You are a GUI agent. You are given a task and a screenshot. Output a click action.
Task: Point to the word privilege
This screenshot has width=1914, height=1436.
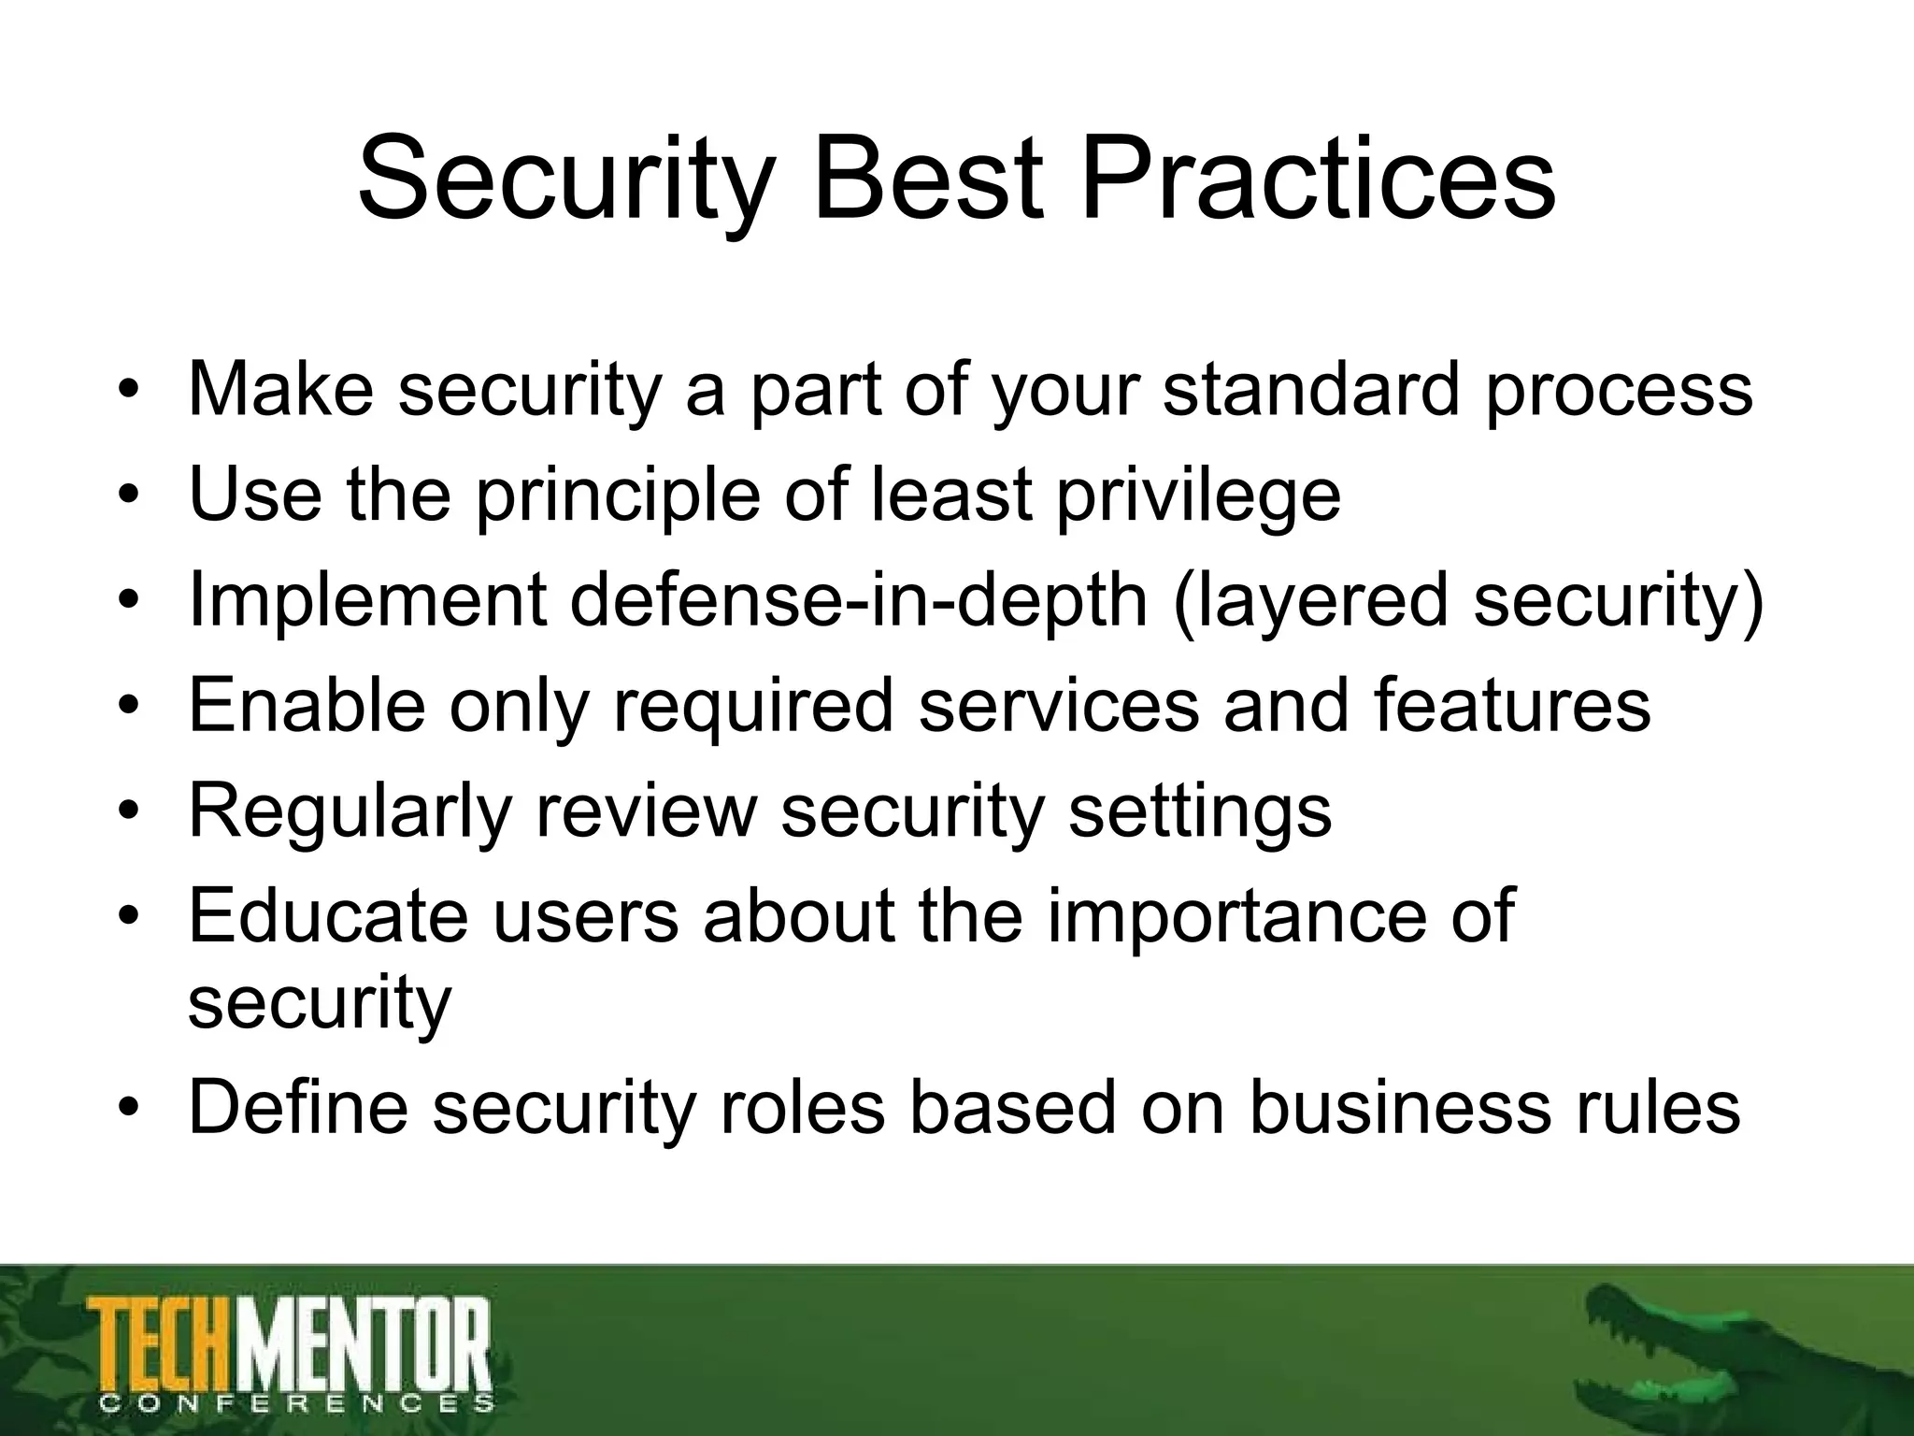pos(1199,495)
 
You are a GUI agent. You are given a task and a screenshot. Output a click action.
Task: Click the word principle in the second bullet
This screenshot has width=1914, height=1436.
pos(618,495)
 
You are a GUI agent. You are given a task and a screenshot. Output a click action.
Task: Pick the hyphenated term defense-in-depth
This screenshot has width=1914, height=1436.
pos(857,600)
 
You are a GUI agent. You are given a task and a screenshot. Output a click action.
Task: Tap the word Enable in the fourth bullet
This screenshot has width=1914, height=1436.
pos(307,705)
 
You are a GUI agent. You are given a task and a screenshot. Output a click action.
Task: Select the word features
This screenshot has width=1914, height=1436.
pos(1512,705)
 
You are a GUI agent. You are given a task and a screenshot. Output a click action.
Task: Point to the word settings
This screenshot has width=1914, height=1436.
pos(1200,811)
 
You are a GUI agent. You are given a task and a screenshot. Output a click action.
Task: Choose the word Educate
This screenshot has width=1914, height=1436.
pos(327,916)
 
